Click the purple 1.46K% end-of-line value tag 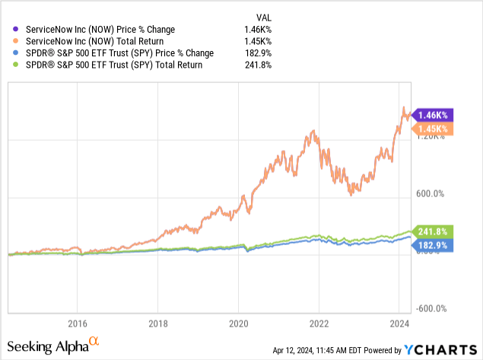pos(434,114)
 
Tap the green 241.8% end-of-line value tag pos(434,231)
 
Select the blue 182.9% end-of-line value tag pos(434,245)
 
